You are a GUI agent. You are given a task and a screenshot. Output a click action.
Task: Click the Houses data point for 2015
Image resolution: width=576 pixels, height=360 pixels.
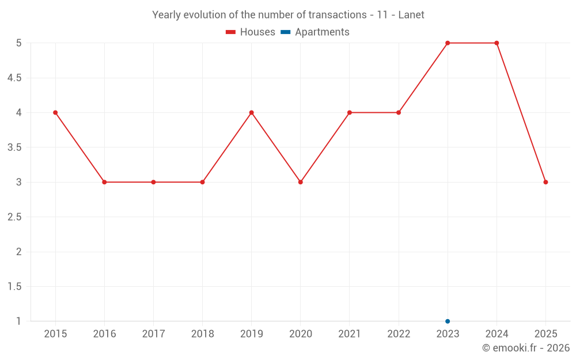coord(55,112)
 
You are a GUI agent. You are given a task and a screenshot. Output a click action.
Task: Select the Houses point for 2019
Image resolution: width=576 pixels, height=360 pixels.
coord(251,112)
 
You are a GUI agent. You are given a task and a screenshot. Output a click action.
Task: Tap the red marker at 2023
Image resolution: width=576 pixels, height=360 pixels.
coord(448,43)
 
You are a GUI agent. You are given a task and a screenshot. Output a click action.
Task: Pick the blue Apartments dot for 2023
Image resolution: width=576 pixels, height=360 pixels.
coord(448,321)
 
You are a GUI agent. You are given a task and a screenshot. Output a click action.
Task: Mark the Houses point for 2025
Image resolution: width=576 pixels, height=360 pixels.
coord(545,182)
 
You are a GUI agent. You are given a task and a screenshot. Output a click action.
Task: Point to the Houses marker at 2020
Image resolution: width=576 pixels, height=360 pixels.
coord(301,182)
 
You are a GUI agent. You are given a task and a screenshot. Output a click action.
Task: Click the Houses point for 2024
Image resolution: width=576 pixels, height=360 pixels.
coord(497,43)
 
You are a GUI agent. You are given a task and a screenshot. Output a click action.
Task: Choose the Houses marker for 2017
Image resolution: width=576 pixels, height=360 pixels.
coord(153,182)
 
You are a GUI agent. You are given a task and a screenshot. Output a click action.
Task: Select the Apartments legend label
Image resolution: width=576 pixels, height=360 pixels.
coord(322,32)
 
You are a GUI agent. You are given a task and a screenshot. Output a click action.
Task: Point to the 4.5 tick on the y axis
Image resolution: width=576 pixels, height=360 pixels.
coord(14,78)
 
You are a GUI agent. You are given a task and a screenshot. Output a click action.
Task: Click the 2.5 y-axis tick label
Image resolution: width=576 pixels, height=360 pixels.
coord(14,217)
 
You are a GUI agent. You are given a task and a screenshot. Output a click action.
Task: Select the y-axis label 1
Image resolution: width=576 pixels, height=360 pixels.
coord(18,321)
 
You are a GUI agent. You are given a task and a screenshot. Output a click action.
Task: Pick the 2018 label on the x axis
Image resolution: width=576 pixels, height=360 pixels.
coord(202,334)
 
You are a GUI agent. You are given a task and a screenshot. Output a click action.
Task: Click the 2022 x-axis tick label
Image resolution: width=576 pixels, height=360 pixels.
coord(399,334)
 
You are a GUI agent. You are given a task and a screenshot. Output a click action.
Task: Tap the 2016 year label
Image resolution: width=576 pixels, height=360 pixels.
coord(104,334)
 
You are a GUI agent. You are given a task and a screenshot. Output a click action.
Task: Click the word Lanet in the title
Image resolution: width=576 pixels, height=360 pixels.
coord(411,15)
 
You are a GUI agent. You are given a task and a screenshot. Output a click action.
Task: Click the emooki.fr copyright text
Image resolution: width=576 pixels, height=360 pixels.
coord(526,348)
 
